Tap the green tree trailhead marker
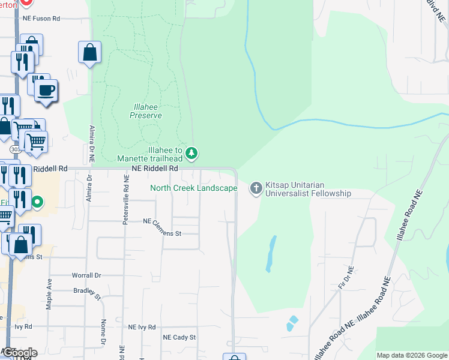(191, 154)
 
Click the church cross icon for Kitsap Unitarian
(256, 188)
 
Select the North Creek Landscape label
(193, 188)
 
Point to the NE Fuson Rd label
(41, 19)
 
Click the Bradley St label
(85, 292)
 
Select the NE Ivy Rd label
(142, 327)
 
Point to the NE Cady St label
(179, 337)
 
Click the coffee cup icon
(46, 91)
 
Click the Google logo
(19, 353)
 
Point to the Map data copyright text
(412, 355)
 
